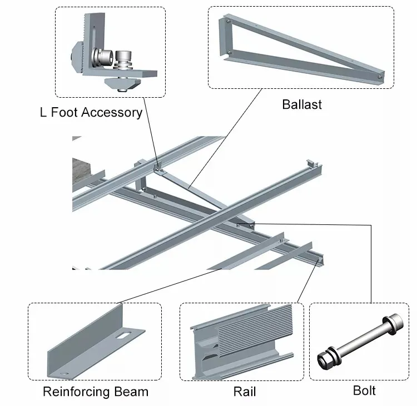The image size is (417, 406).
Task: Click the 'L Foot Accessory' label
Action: (91, 113)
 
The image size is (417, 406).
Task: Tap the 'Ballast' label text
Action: (302, 104)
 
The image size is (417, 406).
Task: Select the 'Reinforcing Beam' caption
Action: (96, 392)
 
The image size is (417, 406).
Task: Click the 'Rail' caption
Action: (245, 392)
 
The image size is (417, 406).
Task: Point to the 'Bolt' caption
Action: (364, 390)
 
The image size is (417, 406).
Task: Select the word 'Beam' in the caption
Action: (131, 392)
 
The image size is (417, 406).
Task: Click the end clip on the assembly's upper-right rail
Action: (313, 167)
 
